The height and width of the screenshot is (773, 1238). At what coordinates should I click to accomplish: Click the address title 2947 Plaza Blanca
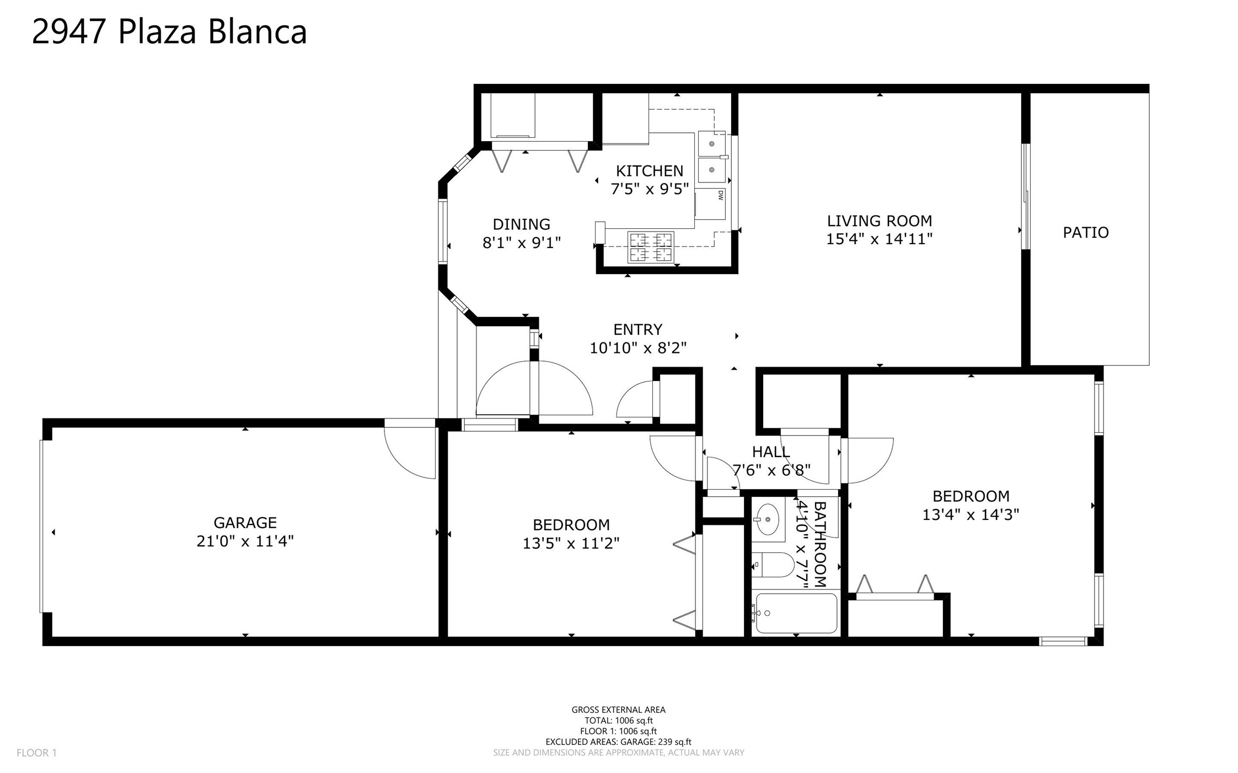point(169,31)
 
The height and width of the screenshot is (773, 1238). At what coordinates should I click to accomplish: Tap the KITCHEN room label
point(649,171)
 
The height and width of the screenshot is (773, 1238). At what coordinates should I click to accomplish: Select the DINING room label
point(521,224)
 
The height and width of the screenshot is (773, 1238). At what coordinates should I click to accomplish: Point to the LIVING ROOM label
point(879,221)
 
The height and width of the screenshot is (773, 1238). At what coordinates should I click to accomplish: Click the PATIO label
point(1085,233)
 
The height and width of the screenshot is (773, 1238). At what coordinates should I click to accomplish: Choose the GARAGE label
point(245,523)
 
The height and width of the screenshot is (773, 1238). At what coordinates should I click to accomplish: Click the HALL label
point(771,452)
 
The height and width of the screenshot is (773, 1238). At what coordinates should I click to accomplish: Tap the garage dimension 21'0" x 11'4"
point(245,541)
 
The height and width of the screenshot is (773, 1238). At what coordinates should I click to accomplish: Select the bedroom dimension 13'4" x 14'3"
point(971,514)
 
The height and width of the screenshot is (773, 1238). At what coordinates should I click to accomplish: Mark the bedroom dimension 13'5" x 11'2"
point(571,544)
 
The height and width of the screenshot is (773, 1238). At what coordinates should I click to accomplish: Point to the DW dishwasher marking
point(720,195)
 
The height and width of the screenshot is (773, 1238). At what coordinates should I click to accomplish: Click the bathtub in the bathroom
point(796,613)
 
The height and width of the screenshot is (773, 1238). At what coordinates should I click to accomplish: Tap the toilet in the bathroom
point(773,565)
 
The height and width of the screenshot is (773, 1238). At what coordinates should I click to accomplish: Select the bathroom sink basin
point(767,519)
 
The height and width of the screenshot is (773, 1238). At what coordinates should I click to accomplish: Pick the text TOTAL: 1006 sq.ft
point(619,721)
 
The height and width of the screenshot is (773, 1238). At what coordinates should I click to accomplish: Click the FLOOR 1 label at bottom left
point(36,753)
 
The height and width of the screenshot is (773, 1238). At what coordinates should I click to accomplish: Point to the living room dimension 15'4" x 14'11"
point(879,239)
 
